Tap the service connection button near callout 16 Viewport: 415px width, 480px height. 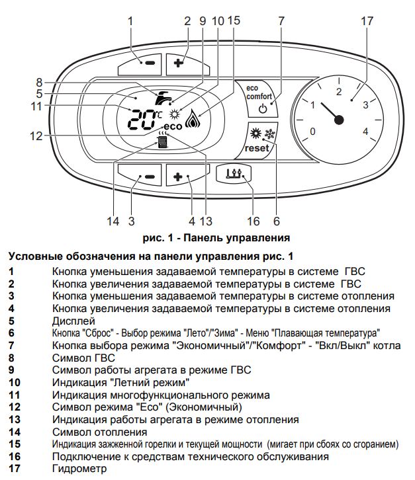[x=234, y=174]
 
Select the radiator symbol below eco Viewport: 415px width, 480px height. [x=162, y=140]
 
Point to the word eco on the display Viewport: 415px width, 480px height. [x=171, y=126]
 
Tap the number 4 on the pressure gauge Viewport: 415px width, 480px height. [x=365, y=131]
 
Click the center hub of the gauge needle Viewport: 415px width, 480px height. [x=339, y=120]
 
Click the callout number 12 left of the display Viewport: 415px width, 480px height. [x=36, y=136]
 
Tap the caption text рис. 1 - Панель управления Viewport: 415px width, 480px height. [x=207, y=236]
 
